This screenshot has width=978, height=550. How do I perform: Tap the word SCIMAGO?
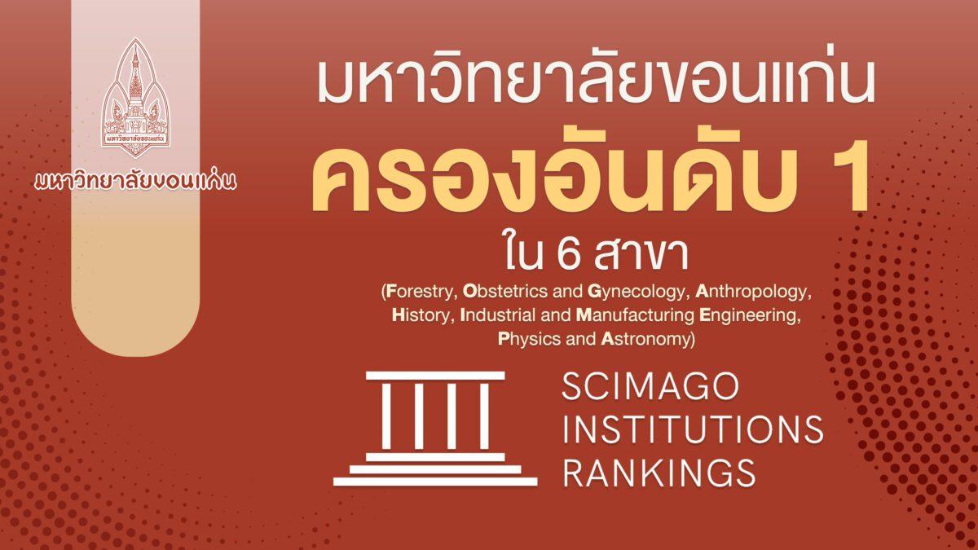click(x=650, y=387)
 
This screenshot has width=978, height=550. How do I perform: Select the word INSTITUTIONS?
click(x=693, y=429)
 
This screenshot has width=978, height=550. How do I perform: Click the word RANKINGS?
click(x=659, y=472)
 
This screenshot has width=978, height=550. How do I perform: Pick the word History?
click(x=420, y=315)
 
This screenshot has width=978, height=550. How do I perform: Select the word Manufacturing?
click(x=635, y=315)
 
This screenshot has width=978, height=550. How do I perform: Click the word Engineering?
click(x=750, y=315)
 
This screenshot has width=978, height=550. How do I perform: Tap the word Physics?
click(x=529, y=339)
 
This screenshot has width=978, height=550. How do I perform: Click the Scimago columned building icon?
click(x=435, y=429)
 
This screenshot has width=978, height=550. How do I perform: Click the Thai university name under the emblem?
click(x=135, y=180)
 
